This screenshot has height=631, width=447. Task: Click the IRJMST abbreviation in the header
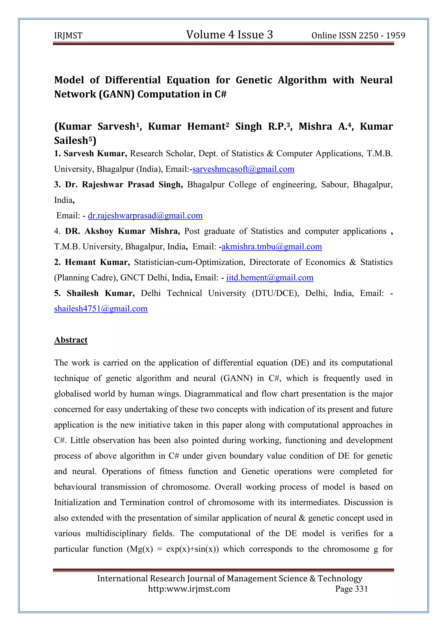coord(68,36)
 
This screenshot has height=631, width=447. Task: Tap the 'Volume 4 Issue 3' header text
coord(229,35)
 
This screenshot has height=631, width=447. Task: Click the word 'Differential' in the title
coord(133,80)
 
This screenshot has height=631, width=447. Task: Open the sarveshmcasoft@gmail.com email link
coord(243,169)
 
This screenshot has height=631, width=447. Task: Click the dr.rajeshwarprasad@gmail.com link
coord(145,215)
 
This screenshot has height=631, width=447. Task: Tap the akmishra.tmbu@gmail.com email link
coord(272,246)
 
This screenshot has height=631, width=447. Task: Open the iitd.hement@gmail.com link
coord(270,278)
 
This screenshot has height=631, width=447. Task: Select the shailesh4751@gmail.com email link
coord(101,309)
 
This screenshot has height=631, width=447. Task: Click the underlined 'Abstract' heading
coord(71,340)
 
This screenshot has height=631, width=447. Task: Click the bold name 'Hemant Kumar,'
coord(97,262)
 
